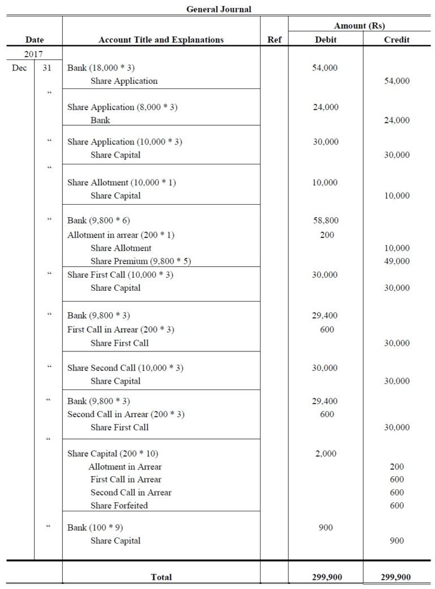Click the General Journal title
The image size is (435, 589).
coord(219,9)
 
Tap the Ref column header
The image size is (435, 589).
coord(274,40)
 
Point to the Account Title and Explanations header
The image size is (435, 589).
coord(161,40)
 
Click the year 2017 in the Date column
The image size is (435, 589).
coord(34,54)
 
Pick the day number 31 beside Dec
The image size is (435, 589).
coord(48,68)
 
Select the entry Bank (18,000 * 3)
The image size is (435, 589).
coord(101,68)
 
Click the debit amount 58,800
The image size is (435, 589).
coord(325,221)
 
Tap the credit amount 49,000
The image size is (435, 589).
coord(396,261)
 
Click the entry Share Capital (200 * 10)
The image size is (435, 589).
coord(117,454)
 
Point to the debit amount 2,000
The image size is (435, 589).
coord(325,454)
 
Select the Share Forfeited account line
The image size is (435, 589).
coord(119,506)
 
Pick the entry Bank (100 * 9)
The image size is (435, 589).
coord(95,528)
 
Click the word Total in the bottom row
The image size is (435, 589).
coord(161,577)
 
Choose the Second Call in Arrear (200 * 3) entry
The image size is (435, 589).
coord(126,414)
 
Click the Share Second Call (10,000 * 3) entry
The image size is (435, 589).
coord(125,368)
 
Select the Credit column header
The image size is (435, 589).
coord(396,40)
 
